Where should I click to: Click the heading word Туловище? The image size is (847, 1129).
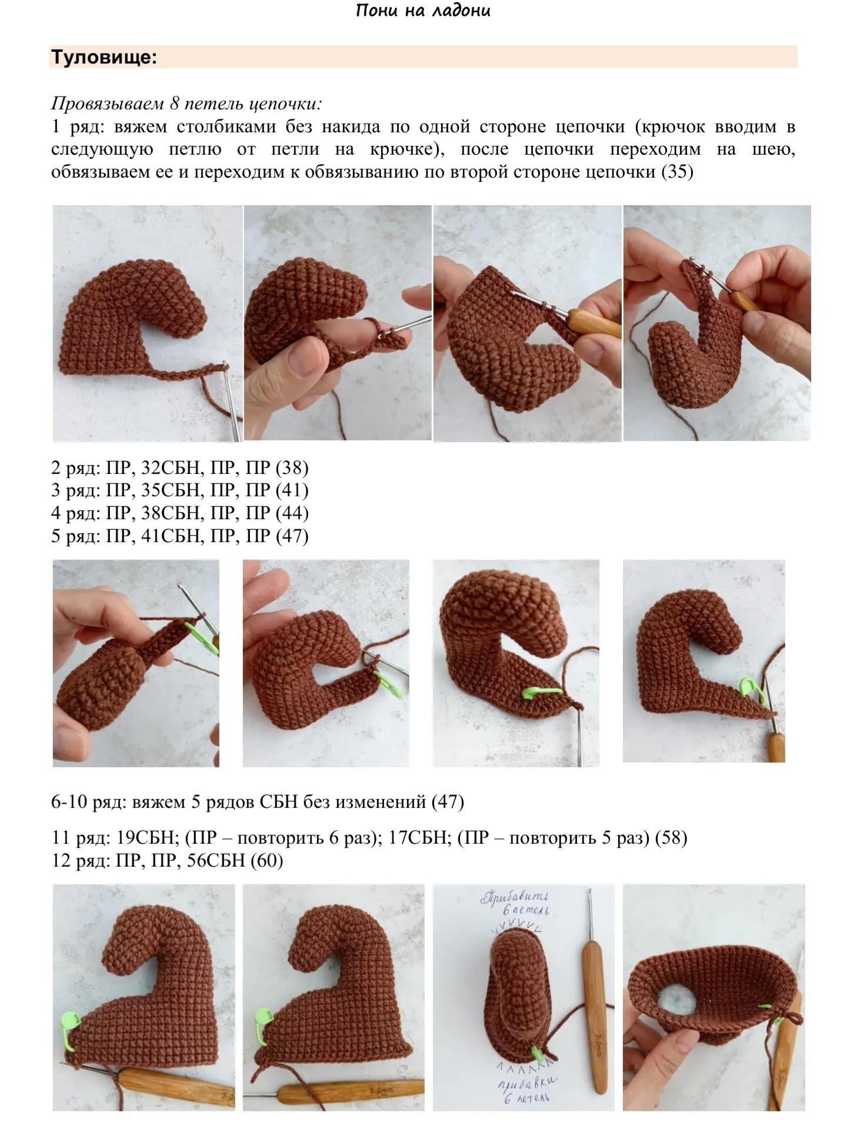[x=104, y=58]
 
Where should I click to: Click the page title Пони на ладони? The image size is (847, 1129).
[x=423, y=11]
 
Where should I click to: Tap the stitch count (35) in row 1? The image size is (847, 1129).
[x=677, y=172]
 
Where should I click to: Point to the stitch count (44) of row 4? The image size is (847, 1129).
[x=292, y=513]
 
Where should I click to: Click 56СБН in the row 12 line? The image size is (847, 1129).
[x=215, y=860]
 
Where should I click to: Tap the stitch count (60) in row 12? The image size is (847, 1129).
[x=266, y=860]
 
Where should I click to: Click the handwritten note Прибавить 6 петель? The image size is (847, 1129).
[x=516, y=903]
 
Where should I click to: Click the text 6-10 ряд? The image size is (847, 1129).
[x=89, y=801]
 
